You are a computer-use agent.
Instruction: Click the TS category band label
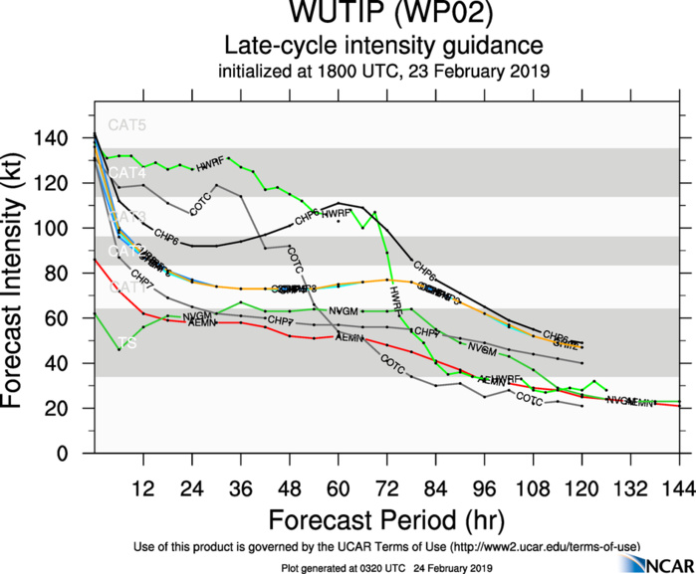[126, 343]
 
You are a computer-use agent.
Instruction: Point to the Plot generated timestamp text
[385, 566]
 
